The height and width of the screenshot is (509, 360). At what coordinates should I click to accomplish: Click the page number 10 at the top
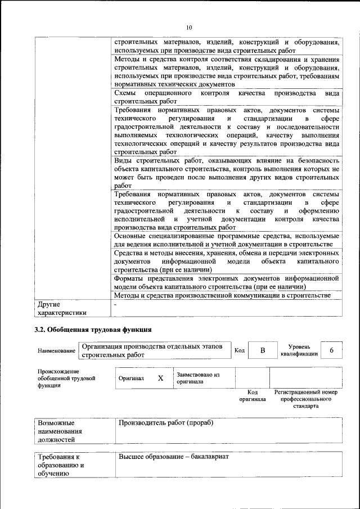(189, 26)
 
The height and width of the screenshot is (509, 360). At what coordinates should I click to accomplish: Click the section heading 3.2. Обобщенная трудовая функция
(93, 328)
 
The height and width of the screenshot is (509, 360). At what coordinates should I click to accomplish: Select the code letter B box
(262, 350)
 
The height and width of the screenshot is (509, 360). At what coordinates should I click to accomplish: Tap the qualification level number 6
(332, 350)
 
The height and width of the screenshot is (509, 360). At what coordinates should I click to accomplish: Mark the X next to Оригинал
(160, 379)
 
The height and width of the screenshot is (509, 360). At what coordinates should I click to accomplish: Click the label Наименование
(57, 351)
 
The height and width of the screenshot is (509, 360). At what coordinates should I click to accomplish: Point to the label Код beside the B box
(240, 350)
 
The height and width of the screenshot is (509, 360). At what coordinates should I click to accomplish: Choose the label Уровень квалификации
(298, 350)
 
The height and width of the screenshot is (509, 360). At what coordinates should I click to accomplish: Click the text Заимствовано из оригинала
(197, 378)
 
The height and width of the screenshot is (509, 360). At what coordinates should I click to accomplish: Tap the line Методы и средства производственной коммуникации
(221, 295)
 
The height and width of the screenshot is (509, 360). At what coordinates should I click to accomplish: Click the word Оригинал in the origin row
(132, 379)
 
